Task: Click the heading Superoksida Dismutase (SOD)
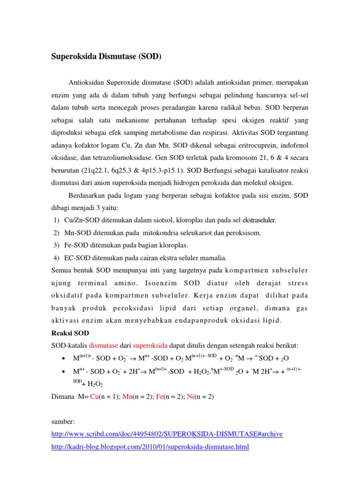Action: tap(105, 57)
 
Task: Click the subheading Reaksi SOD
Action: tap(69, 334)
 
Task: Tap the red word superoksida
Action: tap(150, 346)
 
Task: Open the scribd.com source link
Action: tap(167, 434)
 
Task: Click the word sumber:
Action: tap(64, 422)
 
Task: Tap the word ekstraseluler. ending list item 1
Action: tap(253, 220)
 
